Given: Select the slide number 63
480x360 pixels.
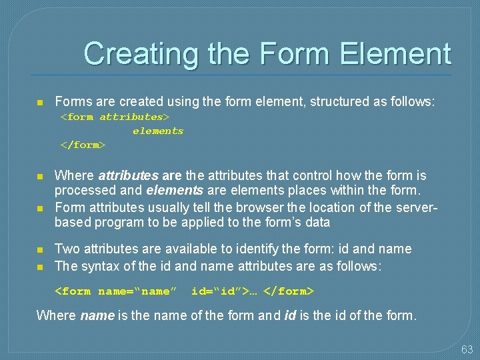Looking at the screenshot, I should tap(467, 349).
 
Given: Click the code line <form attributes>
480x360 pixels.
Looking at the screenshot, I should tap(115, 117).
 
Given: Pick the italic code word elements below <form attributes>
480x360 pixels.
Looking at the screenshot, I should tap(158, 131).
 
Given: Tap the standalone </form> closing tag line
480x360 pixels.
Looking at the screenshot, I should tap(83, 145).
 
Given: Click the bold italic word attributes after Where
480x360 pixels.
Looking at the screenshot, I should tap(127, 176).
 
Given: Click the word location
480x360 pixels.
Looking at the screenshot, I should tap(335, 207).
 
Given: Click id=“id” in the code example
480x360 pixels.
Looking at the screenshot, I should tap(217, 291).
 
